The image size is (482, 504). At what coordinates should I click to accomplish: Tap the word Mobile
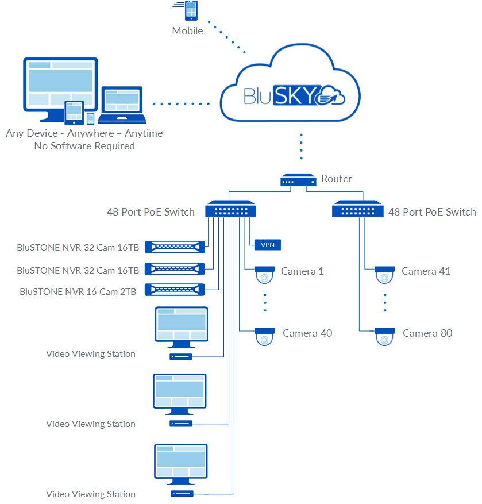click(x=187, y=31)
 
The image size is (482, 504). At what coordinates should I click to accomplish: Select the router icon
click(x=298, y=180)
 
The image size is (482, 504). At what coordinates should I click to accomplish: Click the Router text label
click(x=337, y=179)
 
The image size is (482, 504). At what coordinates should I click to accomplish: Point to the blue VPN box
click(x=267, y=245)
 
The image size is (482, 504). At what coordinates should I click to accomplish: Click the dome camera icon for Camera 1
click(x=264, y=274)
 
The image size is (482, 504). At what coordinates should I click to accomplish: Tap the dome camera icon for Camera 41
click(x=385, y=274)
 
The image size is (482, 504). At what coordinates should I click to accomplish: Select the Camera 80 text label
click(x=427, y=333)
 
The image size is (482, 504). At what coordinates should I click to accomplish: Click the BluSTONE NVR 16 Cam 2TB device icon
click(x=175, y=290)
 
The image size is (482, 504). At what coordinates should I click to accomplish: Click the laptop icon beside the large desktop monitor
click(x=121, y=105)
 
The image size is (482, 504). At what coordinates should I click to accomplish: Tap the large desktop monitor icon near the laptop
click(x=59, y=86)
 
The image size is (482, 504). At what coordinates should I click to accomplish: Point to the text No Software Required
click(x=84, y=146)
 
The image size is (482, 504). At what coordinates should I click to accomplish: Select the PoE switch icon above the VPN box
click(x=230, y=209)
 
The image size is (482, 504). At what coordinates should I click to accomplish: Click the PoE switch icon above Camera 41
click(x=357, y=209)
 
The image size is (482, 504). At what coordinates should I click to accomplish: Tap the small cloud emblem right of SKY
click(x=333, y=96)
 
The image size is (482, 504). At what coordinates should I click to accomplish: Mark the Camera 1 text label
click(x=302, y=271)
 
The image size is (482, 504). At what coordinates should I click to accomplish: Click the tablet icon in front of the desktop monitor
click(x=74, y=112)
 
